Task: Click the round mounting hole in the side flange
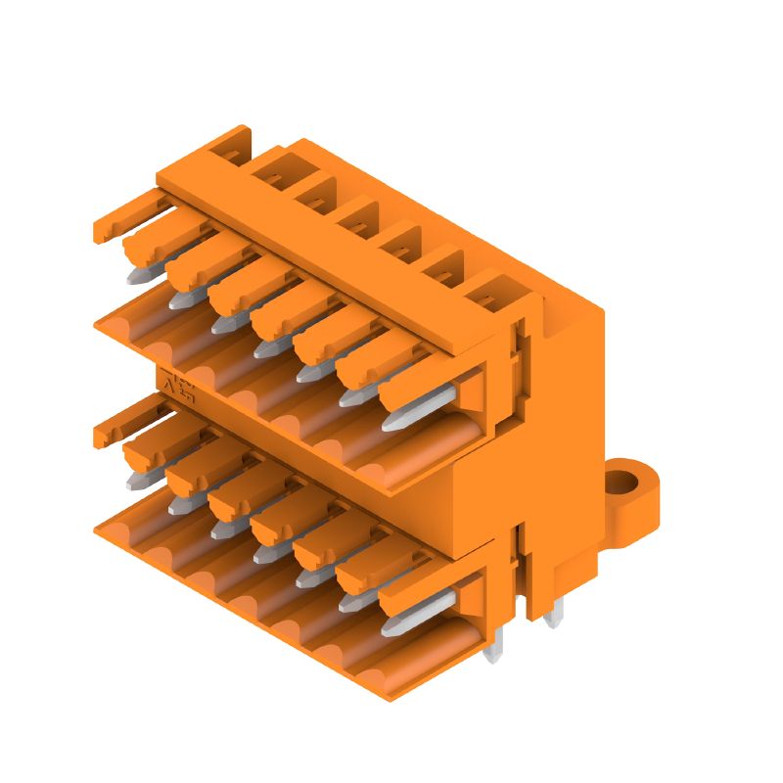coord(620,482)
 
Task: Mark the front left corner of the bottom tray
coord(97,529)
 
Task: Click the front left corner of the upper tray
coord(97,326)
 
